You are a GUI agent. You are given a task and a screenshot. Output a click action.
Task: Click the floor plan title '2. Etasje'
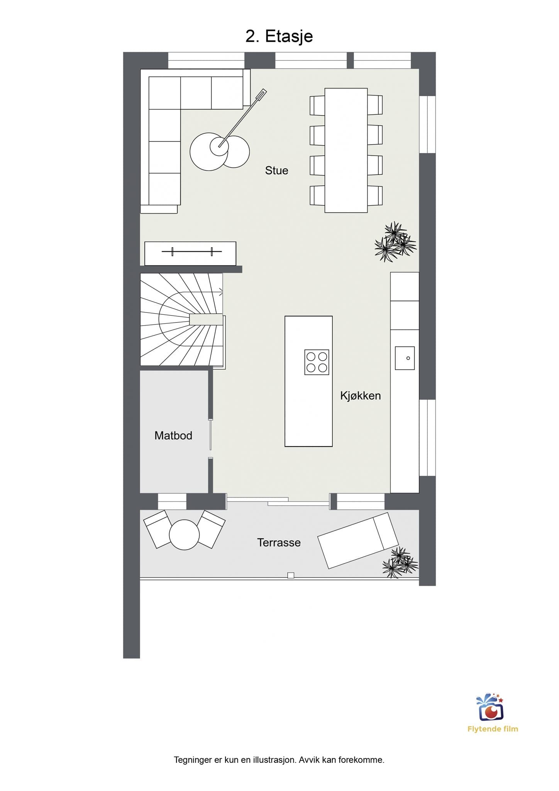[279, 37]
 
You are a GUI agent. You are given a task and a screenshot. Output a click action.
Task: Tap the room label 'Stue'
[276, 170]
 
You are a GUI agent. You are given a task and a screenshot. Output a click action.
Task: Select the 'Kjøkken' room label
[361, 395]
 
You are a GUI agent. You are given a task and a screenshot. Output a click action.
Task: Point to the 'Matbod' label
[173, 436]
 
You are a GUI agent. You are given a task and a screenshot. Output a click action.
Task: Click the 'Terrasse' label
[279, 543]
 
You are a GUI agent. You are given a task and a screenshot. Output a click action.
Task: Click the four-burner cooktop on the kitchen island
[317, 362]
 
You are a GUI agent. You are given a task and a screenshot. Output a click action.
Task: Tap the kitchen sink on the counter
[405, 358]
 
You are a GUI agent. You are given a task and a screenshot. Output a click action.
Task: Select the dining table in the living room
[346, 150]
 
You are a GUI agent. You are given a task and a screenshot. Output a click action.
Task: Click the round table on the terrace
[184, 535]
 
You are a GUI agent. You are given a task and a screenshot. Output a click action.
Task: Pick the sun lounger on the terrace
[357, 540]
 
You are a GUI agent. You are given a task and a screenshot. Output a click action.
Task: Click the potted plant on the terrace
[400, 563]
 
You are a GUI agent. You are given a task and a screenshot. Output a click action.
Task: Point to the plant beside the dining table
[395, 242]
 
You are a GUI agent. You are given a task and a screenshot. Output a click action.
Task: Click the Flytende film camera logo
[490, 707]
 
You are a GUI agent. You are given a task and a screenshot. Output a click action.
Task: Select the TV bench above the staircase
[190, 253]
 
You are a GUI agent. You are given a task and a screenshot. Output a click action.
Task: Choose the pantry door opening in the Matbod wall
[210, 439]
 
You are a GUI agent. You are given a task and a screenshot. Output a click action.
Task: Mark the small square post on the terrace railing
[291, 575]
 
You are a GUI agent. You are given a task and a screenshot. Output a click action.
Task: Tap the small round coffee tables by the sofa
[220, 151]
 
